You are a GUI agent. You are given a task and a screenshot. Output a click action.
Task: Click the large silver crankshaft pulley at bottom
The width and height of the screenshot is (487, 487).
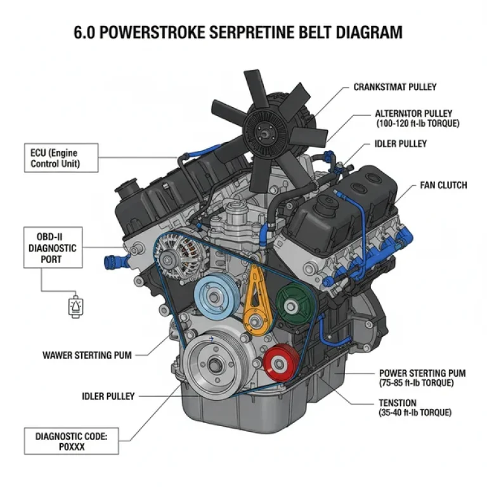[213, 366]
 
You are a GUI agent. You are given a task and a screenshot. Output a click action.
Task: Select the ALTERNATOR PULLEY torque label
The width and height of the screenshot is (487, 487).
[416, 118]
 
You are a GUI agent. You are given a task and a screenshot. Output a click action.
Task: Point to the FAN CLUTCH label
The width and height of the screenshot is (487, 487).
[443, 185]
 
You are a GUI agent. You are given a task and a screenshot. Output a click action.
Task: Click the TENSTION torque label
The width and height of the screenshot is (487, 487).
[415, 407]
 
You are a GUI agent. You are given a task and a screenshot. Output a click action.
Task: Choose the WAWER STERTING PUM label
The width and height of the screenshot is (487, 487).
[87, 355]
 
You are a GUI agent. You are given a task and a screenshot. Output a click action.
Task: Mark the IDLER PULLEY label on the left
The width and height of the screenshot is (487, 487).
[108, 396]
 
